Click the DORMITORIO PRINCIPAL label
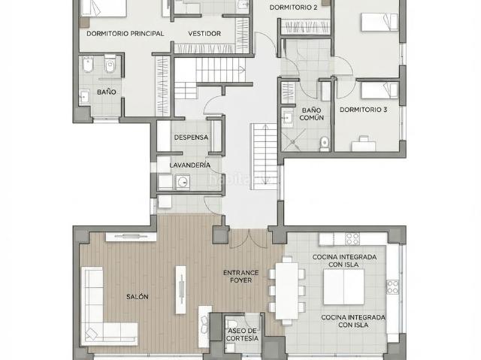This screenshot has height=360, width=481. (x=126, y=33)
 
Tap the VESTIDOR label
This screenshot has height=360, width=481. (x=204, y=33)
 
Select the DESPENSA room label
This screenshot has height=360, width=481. (x=191, y=138)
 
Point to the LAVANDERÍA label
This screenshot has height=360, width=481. (x=190, y=165)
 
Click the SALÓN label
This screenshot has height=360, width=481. (x=138, y=297)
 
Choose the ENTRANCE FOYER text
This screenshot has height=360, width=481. (x=240, y=277)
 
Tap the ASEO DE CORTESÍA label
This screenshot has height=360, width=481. (x=242, y=334)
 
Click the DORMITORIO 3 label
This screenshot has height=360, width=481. (x=363, y=110)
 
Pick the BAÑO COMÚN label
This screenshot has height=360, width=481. (x=311, y=113)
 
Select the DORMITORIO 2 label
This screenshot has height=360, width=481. (x=293, y=8)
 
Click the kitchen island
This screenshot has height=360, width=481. (x=344, y=286)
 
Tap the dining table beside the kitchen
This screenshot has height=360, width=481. (x=287, y=291)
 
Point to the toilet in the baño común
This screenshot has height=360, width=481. (x=324, y=144)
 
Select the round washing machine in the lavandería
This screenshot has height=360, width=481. (x=183, y=182)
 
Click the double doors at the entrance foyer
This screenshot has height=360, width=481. (x=249, y=238)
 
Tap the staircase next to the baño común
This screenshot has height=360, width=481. (x=264, y=156)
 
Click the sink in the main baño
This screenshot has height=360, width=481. (x=84, y=97)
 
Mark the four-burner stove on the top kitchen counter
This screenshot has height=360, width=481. (x=352, y=239)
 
